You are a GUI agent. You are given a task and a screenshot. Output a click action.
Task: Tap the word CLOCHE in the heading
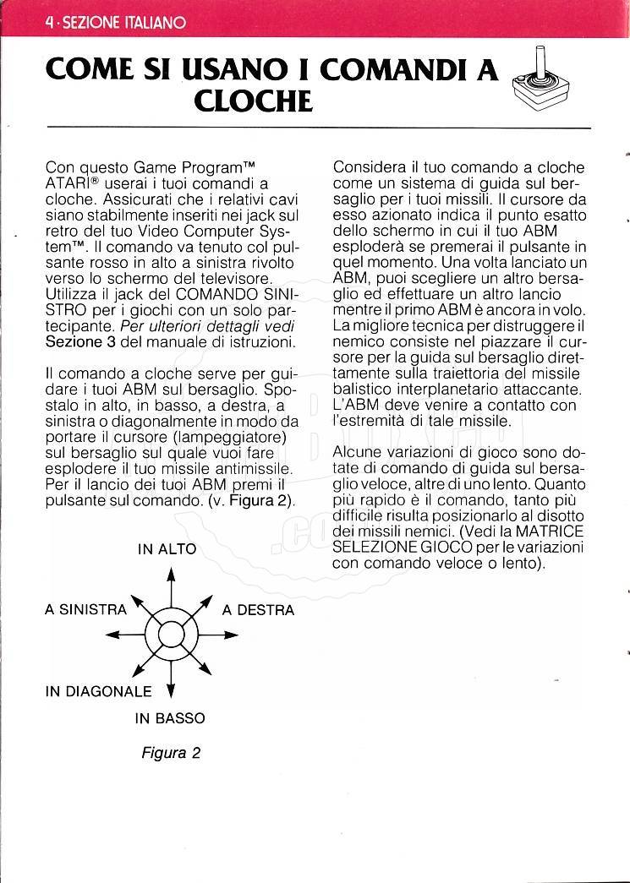tap(253, 102)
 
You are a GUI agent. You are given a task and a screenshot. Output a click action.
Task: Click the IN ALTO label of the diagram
tap(167, 549)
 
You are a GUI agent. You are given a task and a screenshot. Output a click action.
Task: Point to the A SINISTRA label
tap(85, 609)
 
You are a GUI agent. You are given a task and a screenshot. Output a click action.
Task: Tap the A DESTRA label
tap(258, 610)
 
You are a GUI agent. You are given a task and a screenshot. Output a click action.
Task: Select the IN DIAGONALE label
tap(98, 691)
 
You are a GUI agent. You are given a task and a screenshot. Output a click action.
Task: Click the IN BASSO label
tap(170, 719)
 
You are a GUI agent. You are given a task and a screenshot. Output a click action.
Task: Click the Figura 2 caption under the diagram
tap(171, 753)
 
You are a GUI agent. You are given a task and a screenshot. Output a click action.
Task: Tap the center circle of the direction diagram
tap(170, 634)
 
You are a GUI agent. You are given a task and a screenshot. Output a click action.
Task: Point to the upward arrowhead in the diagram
tap(171, 574)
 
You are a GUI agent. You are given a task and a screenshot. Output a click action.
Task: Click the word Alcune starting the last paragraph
tap(357, 452)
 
